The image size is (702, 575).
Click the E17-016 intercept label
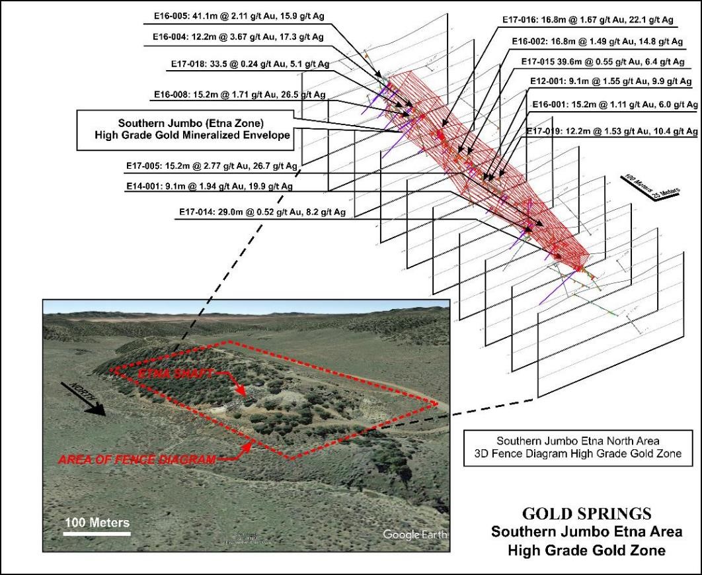coord(586,21)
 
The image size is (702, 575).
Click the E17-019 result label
coord(612,132)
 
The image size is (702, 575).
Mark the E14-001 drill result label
coord(210,187)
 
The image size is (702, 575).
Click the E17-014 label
coord(263,212)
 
